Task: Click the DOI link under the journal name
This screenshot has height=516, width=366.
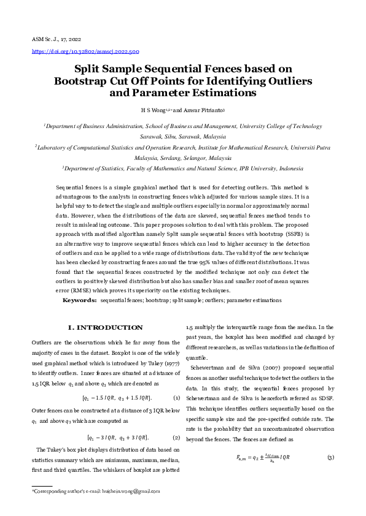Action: [85, 51]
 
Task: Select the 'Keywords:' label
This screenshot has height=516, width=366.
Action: [80, 300]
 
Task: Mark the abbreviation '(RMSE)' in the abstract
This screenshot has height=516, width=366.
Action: [86, 290]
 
